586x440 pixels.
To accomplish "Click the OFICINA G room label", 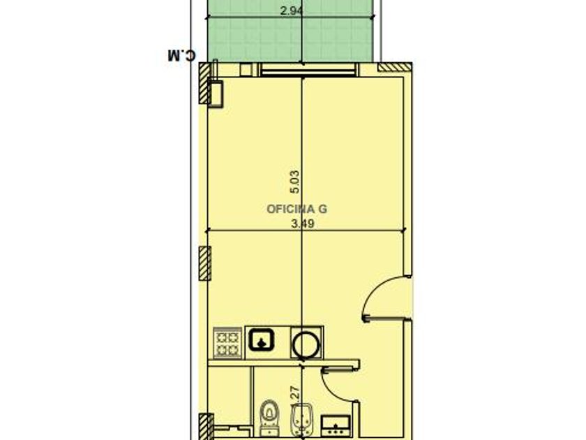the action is point(296,209).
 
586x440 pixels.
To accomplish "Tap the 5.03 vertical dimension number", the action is point(295,182).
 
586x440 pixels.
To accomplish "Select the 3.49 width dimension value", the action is point(302,223).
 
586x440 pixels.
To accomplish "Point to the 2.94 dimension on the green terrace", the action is point(292,10).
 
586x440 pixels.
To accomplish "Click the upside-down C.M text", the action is point(181,55).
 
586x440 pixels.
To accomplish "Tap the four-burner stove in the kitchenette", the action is point(227,342).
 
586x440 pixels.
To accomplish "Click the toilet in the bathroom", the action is point(269,417).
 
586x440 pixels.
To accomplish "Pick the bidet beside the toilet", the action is point(301,419).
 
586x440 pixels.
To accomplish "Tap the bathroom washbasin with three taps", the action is point(336,425).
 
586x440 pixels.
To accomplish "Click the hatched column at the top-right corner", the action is point(395,67).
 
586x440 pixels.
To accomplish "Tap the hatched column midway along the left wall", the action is point(205,263).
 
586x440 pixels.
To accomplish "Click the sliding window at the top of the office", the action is point(308,70).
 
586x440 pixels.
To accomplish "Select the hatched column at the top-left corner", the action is point(204,83).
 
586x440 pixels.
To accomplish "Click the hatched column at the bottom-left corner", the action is point(205,427).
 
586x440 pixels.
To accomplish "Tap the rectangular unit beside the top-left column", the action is point(216,94).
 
